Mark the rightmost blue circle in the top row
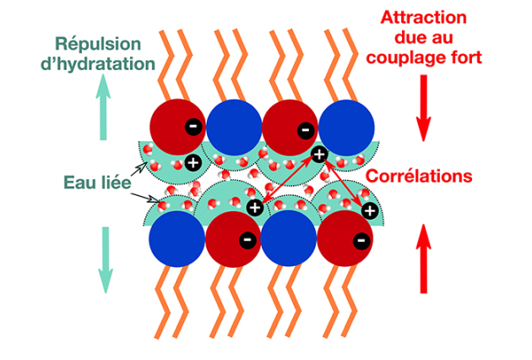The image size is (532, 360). tap(347, 128)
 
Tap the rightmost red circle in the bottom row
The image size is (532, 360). tap(347, 238)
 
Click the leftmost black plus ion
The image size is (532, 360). tap(192, 162)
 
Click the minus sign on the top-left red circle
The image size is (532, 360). tap(193, 127)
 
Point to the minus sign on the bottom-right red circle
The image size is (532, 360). tap(361, 240)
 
